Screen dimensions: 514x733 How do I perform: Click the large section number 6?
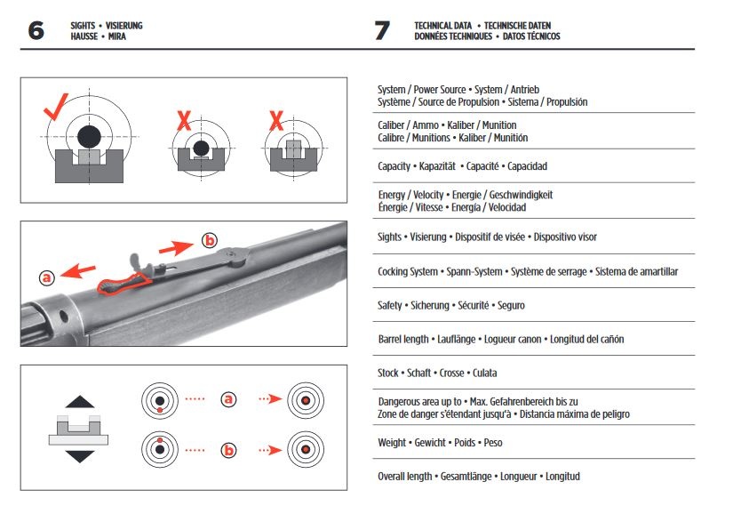click(x=36, y=31)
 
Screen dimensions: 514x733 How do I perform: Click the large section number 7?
click(x=382, y=31)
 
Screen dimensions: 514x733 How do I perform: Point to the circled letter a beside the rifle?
click(x=47, y=277)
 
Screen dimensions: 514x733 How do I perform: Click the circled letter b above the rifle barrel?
click(x=210, y=240)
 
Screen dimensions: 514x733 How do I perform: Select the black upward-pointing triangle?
click(x=80, y=401)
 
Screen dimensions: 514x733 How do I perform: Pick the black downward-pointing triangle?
click(x=80, y=456)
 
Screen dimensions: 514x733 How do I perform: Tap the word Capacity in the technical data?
click(x=394, y=166)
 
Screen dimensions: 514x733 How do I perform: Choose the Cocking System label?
click(x=408, y=271)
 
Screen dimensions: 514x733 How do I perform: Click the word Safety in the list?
click(x=391, y=305)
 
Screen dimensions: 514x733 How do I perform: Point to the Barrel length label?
click(x=403, y=340)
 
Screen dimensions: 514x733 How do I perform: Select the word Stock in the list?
click(x=389, y=373)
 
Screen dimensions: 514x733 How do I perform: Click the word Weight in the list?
click(x=393, y=442)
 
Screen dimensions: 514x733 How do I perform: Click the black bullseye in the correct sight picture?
click(x=88, y=137)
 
